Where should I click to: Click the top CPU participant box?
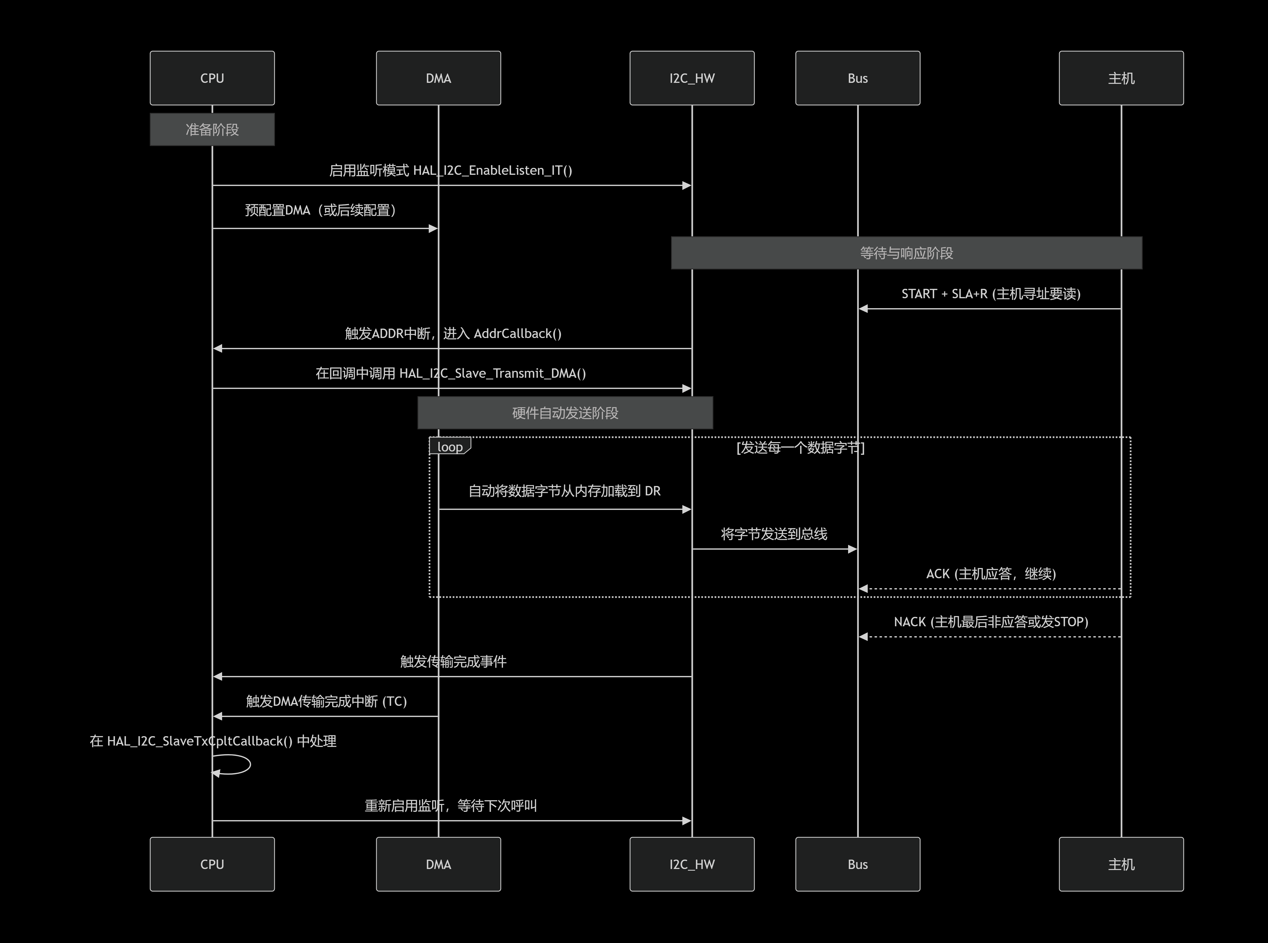212,78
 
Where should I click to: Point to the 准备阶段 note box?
212,130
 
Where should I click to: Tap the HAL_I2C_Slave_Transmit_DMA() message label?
451,373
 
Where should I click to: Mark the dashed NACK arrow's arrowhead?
863,636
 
